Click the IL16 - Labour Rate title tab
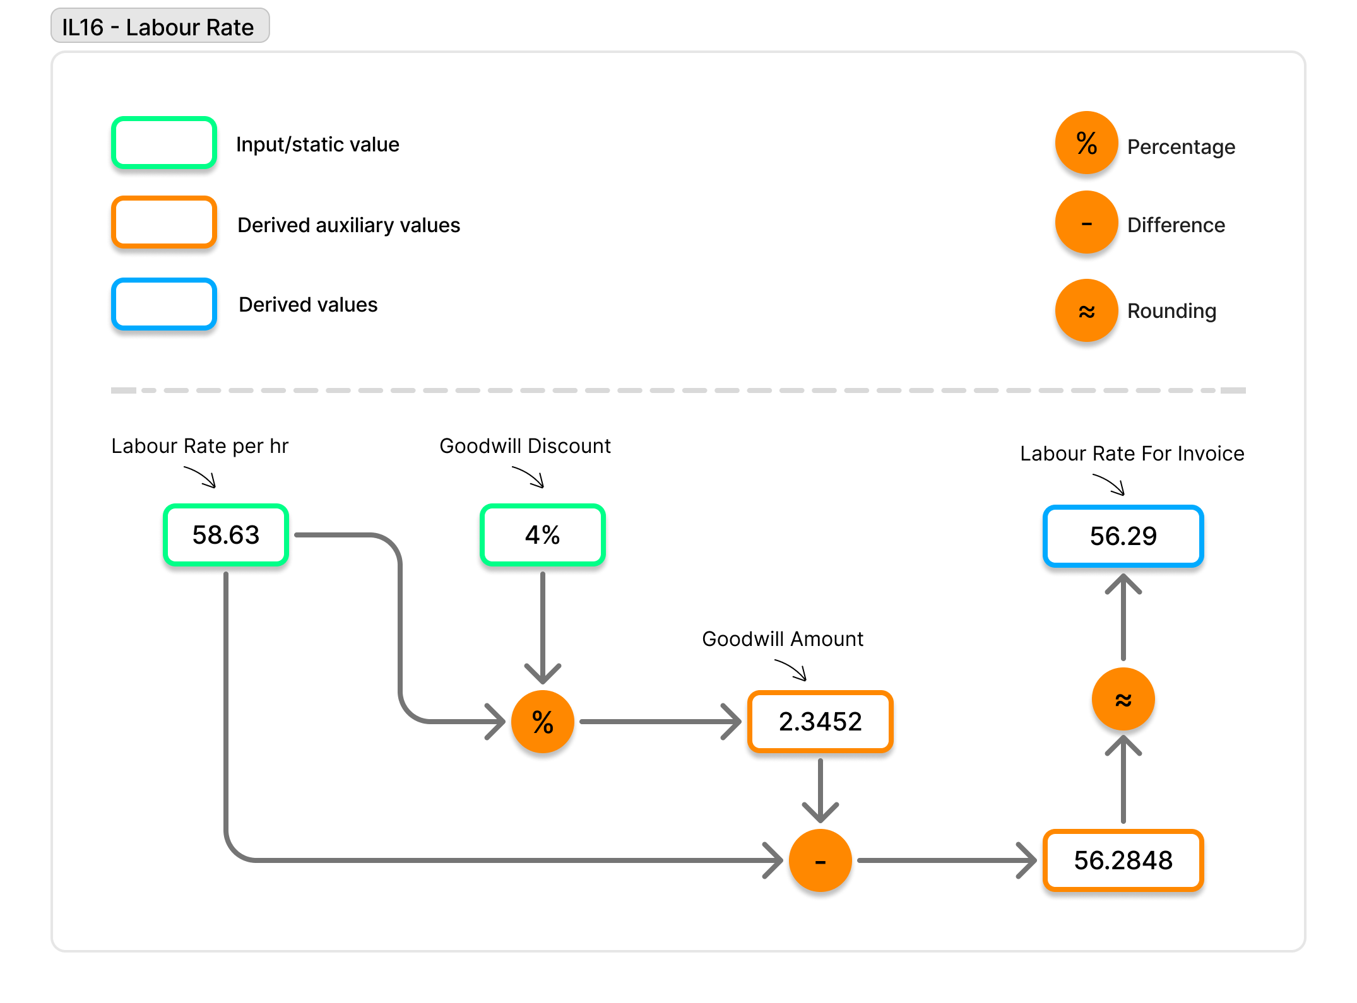tap(160, 26)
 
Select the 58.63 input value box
tap(226, 535)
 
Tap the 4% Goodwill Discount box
tap(542, 535)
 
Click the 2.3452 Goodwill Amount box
tap(820, 722)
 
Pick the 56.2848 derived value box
tap(1123, 860)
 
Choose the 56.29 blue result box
tap(1123, 536)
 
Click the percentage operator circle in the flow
tap(542, 722)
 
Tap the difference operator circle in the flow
tap(820, 860)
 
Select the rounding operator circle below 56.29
tap(1123, 699)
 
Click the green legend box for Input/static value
tap(164, 143)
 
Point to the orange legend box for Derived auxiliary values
tap(164, 222)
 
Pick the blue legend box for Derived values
tap(164, 304)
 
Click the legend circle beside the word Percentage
tap(1086, 143)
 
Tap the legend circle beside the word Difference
tap(1086, 222)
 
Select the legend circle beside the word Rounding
tap(1086, 310)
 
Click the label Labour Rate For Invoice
tap(1132, 454)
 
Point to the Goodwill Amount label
tap(783, 639)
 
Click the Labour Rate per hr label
tap(199, 447)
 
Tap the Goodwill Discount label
tap(525, 446)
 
